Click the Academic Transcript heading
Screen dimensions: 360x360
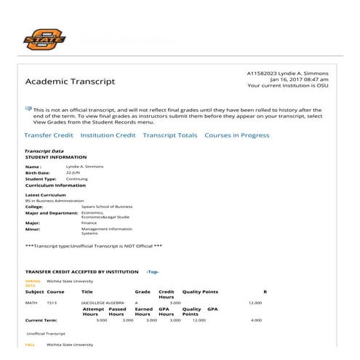[x=70, y=81]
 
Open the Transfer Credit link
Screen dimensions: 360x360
[x=49, y=135]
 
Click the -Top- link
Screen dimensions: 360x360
[x=153, y=271]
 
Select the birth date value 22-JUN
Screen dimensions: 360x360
[x=76, y=172]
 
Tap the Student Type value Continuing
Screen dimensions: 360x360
[x=77, y=178]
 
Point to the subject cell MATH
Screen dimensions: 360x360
[x=31, y=302]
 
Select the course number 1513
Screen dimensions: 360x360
[x=52, y=302]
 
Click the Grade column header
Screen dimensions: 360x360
[x=143, y=292]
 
